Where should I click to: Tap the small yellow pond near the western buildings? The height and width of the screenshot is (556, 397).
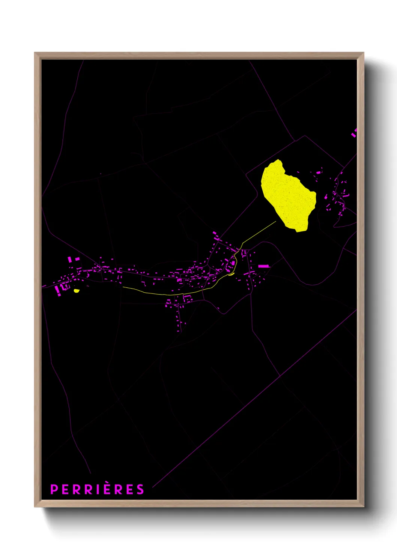coord(77,290)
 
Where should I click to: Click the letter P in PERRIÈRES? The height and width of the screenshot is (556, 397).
coord(54,490)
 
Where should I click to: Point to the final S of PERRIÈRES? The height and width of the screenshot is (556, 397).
coord(140,490)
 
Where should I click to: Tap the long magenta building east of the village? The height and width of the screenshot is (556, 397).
coord(264,266)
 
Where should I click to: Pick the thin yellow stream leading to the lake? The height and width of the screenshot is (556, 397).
coord(259,232)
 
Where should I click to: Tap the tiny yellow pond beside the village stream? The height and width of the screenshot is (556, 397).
coord(231,274)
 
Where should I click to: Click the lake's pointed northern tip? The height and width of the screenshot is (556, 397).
coord(278,160)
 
